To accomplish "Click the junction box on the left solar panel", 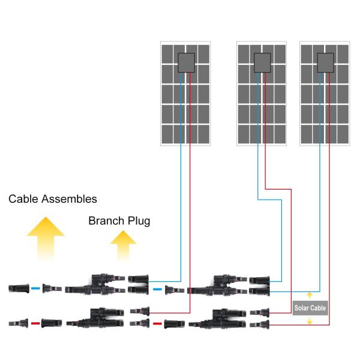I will [185, 63].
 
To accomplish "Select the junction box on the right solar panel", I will [325, 63].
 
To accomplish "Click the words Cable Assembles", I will [53, 199].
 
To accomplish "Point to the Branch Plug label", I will [119, 221].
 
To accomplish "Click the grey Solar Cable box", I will [310, 308].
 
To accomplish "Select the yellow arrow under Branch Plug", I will [123, 246].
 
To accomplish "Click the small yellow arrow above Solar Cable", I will [310, 295].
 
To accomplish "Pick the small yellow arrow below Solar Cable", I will [310, 322].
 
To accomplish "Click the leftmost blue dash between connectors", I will [35, 289].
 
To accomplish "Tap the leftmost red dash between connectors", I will [35, 323].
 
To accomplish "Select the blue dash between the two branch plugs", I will [157, 289].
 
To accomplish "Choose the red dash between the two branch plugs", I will [157, 323].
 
